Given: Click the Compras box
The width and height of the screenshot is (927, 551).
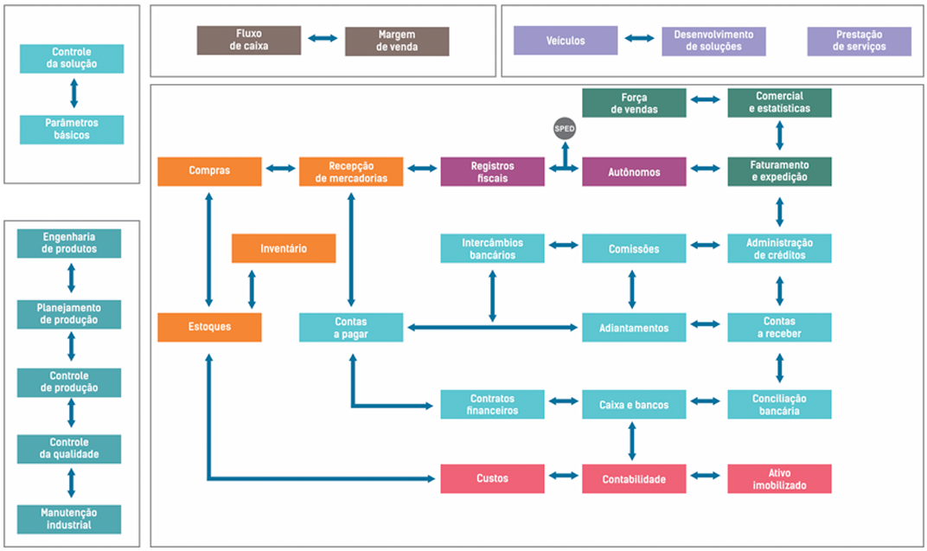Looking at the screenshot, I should [209, 171].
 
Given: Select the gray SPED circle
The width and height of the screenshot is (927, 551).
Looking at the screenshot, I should [564, 129].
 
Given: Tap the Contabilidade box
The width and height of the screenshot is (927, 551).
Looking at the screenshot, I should [634, 478].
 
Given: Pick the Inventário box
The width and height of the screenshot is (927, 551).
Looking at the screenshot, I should [284, 248].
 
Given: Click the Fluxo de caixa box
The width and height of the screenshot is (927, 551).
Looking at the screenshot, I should [249, 40].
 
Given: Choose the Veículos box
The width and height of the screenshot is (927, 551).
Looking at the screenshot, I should [566, 41].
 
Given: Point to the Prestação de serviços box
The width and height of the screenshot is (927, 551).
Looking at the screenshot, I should [859, 41].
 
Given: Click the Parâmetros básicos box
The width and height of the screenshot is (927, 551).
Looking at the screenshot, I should [72, 129].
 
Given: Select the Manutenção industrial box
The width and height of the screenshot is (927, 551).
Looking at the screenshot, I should [69, 519].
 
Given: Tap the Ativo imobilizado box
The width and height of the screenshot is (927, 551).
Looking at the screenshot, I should [779, 478].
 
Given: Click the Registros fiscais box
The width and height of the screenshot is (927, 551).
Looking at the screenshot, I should [492, 171].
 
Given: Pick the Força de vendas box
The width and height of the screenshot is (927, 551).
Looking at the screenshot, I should [634, 103].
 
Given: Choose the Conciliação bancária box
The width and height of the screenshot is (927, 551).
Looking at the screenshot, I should [779, 404].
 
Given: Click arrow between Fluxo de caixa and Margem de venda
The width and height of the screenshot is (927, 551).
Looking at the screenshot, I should [323, 39].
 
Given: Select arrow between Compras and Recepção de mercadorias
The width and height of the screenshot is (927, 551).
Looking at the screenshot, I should [280, 170].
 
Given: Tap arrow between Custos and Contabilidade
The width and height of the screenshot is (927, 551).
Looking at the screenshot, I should [563, 476].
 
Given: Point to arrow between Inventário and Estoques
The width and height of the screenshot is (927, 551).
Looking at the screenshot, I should [252, 289].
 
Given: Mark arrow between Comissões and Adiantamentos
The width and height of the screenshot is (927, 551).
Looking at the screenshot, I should [632, 288].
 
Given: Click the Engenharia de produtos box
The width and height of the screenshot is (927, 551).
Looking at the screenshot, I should [69, 243].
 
